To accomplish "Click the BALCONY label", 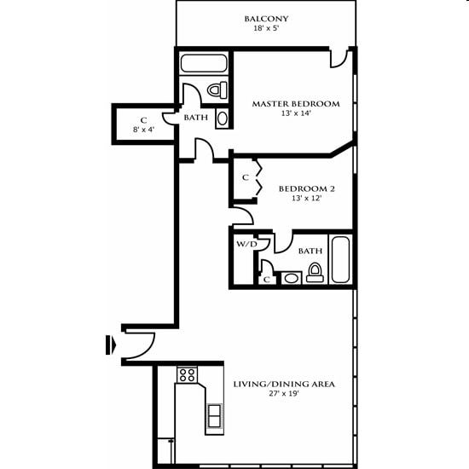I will tap(266, 18).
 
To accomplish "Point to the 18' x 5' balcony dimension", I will tap(266, 29).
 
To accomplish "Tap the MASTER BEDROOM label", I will tap(295, 104).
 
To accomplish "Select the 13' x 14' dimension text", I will tap(295, 114).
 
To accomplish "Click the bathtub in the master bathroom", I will tap(205, 63).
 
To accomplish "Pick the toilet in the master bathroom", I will tap(217, 90).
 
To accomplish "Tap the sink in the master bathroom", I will tap(222, 118).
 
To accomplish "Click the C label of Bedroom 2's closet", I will tap(245, 178).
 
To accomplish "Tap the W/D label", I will tap(246, 244).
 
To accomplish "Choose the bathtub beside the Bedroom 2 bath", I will tap(340, 258).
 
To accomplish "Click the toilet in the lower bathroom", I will tap(315, 273).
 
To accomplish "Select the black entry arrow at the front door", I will tap(109, 345).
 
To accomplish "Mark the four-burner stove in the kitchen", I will tap(187, 374).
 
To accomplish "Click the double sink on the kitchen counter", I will tap(214, 416).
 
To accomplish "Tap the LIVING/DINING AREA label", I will tap(284, 385).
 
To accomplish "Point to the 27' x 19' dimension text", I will tap(284, 396).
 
